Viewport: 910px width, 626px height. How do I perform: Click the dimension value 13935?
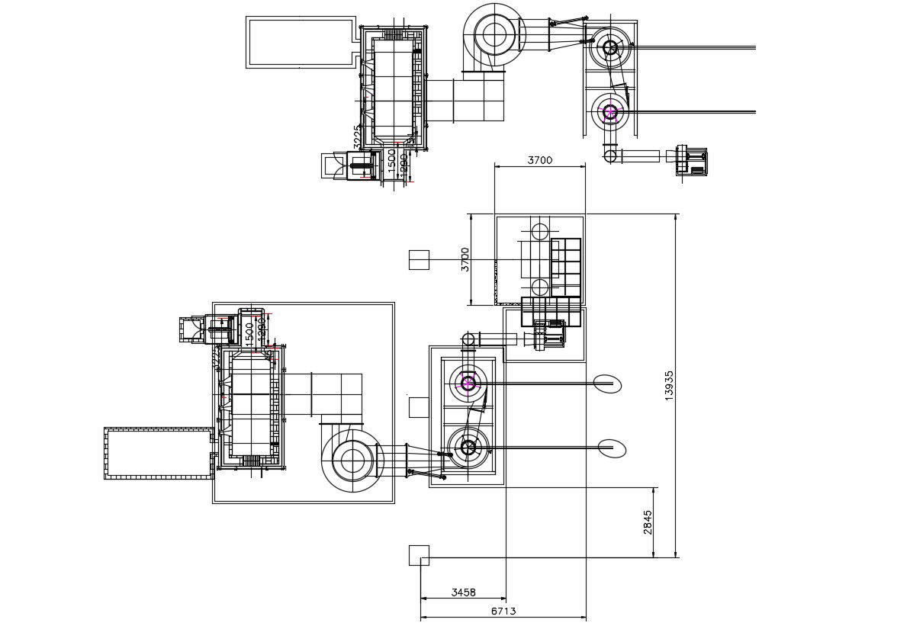click(669, 386)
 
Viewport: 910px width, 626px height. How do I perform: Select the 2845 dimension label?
click(648, 522)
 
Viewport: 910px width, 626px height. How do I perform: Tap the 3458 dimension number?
click(464, 592)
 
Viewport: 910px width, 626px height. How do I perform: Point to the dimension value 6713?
click(503, 611)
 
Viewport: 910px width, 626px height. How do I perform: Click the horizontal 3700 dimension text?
click(540, 160)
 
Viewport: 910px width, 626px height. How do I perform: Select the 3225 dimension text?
click(357, 137)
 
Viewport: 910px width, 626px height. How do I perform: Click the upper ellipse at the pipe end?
click(608, 383)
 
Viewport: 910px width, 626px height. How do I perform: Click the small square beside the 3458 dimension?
click(419, 555)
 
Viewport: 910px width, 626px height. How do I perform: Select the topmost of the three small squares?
click(419, 260)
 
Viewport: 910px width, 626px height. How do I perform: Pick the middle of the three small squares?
click(419, 407)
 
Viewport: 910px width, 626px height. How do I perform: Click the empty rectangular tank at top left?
click(301, 42)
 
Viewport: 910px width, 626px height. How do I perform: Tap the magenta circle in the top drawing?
click(609, 113)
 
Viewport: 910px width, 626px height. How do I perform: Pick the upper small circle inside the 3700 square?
click(539, 231)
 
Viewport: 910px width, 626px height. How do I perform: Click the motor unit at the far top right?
click(693, 161)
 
